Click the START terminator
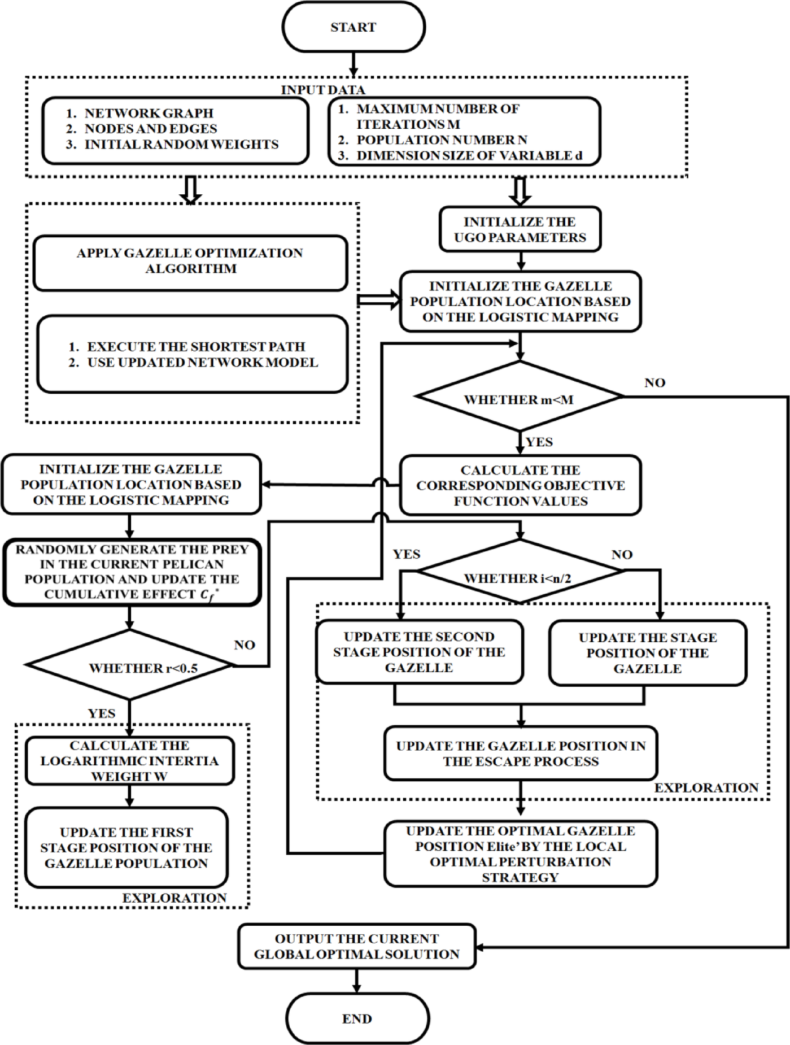pos(353,27)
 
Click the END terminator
pos(357,1018)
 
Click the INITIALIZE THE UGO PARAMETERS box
pos(520,229)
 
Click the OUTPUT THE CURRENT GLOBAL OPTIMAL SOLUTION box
pos(357,946)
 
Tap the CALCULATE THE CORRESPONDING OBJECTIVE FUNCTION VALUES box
pos(520,485)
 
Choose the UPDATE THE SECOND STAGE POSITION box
pos(419,652)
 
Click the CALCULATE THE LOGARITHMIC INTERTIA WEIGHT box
pos(129,760)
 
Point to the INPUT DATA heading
pos(323,90)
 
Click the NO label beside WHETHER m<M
pos(654,383)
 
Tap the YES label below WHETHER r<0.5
pos(102,713)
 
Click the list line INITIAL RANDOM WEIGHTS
pos(181,145)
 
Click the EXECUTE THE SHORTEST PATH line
pos(195,346)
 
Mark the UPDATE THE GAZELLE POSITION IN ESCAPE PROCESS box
pos(520,753)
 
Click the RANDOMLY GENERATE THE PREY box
pos(132,572)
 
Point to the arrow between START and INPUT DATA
pos(353,64)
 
